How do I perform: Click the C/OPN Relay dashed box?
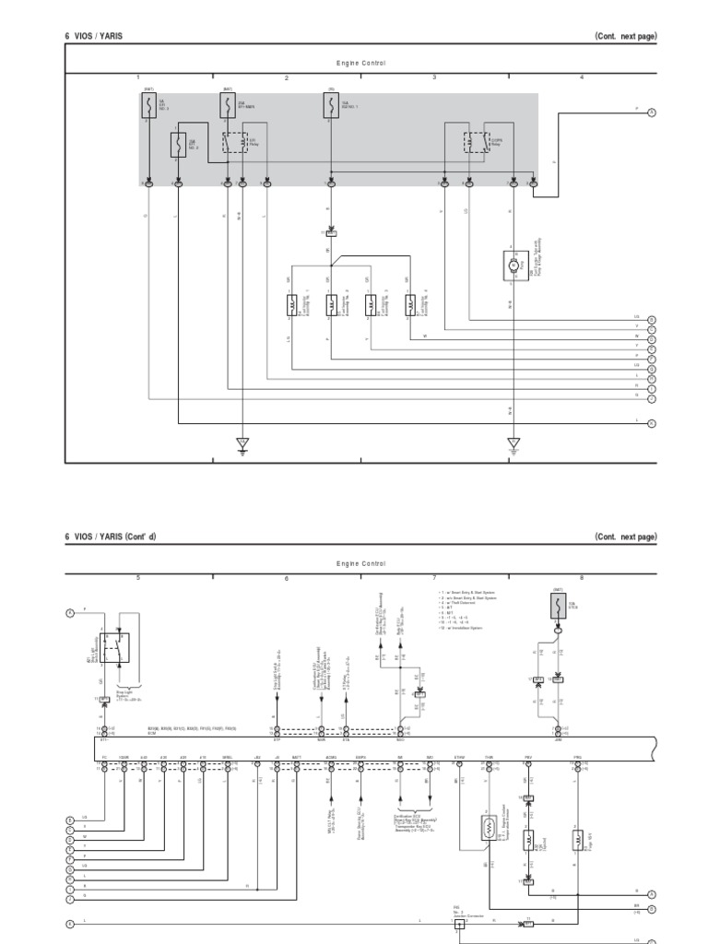click(x=476, y=142)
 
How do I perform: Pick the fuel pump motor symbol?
click(x=513, y=264)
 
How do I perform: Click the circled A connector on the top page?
click(x=651, y=112)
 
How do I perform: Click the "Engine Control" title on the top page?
click(x=360, y=64)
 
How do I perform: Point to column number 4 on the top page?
click(x=582, y=77)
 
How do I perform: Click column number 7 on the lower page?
click(x=434, y=578)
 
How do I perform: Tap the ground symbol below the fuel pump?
click(x=513, y=445)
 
